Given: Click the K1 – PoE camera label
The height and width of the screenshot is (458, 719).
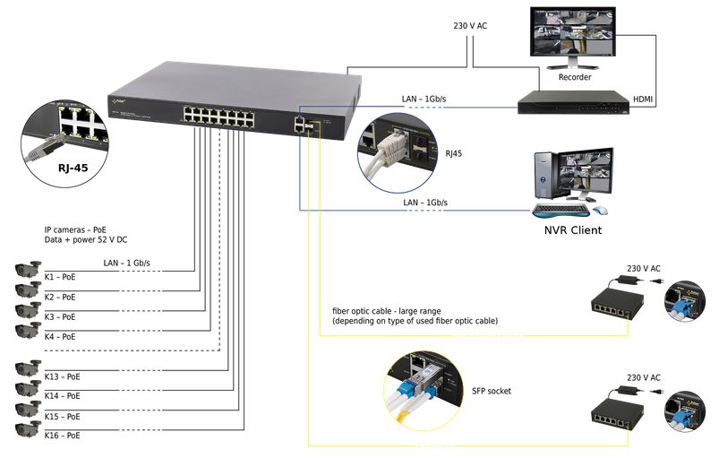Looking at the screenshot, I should tap(60, 277).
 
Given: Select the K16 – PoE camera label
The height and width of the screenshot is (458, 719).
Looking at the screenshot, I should tap(62, 436).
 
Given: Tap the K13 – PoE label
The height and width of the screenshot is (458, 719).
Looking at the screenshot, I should tap(62, 376).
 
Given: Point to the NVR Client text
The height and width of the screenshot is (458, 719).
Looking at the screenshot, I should tap(573, 230).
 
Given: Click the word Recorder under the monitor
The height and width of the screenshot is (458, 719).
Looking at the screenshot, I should tap(574, 78).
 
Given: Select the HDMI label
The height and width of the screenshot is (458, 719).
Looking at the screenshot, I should tap(643, 99).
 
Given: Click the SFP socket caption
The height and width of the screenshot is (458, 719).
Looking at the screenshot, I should tap(492, 392).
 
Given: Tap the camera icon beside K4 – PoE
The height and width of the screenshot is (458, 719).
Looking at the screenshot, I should tap(27, 332).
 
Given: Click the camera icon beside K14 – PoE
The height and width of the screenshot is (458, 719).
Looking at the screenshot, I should tap(27, 390).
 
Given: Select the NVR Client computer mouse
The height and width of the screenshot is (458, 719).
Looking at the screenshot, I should tap(600, 212).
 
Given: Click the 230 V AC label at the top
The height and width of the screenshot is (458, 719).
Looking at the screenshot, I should tap(470, 25).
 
